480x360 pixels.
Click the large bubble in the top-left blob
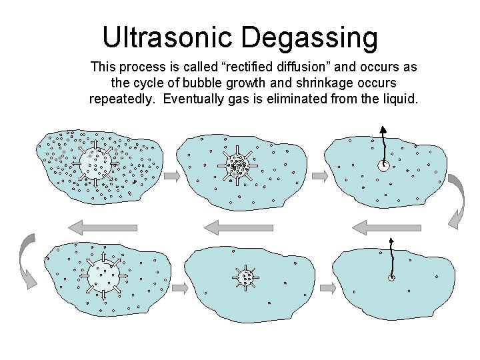95,161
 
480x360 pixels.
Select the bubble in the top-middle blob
237,165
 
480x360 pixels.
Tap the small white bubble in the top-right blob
384,166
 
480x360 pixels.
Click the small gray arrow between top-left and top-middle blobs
171,176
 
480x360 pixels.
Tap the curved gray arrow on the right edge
457,199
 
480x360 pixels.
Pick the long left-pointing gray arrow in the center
239,227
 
